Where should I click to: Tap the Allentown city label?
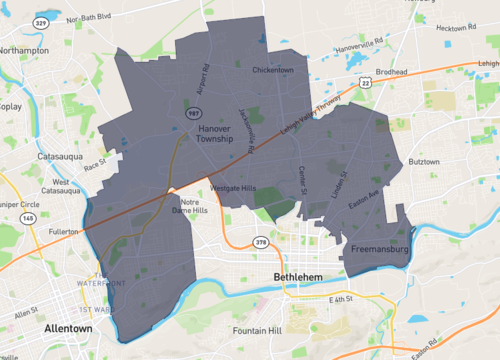click(x=73, y=328)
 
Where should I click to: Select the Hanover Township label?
click(x=214, y=134)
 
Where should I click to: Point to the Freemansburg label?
click(x=381, y=248)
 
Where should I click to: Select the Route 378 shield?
click(x=261, y=242)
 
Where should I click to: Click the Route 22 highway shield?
click(x=366, y=83)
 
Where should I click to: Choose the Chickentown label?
click(x=272, y=70)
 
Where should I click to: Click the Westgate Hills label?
click(x=232, y=188)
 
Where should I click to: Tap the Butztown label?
click(x=424, y=161)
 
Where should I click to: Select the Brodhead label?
click(x=392, y=72)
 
